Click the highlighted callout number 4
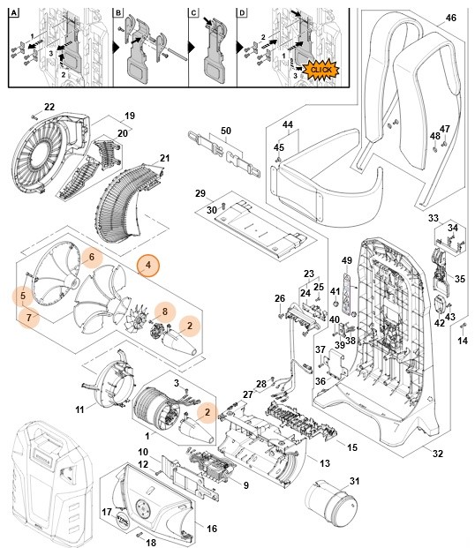click(148, 265)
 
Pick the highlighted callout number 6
click(90, 256)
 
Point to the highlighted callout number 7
click(28, 317)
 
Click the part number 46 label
click(451, 18)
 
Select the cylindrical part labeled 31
click(330, 507)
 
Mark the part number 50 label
click(225, 131)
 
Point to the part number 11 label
click(80, 409)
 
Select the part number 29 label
click(200, 193)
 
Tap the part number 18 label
click(150, 543)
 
